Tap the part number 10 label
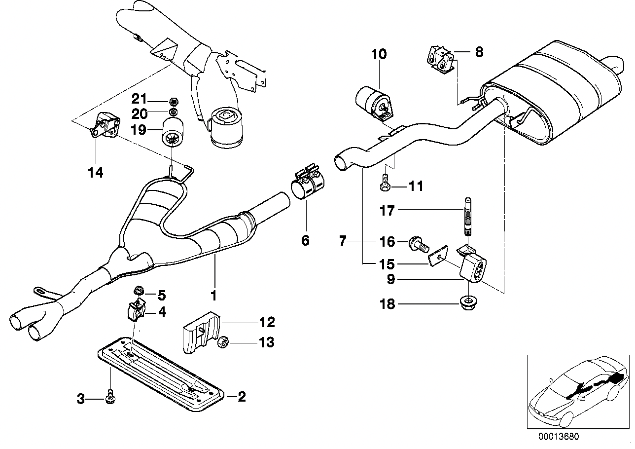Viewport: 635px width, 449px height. pyautogui.click(x=380, y=54)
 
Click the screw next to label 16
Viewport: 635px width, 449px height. pyautogui.click(x=417, y=243)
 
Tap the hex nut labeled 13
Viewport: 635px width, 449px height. pyautogui.click(x=222, y=341)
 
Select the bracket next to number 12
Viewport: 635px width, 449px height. pyautogui.click(x=200, y=331)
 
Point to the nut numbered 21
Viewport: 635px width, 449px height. pyautogui.click(x=173, y=102)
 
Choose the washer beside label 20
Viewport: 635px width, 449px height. pyautogui.click(x=173, y=113)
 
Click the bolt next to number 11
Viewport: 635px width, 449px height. pyautogui.click(x=385, y=185)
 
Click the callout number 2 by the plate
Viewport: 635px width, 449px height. pyautogui.click(x=241, y=396)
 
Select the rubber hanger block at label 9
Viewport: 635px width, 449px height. pyautogui.click(x=473, y=269)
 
